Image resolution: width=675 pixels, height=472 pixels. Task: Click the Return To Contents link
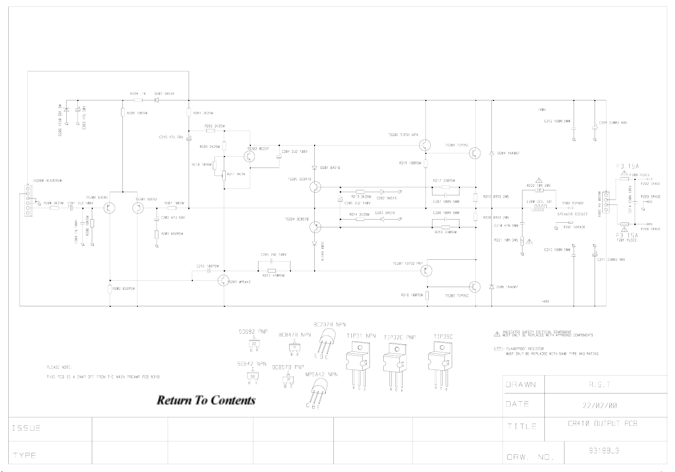coord(206,400)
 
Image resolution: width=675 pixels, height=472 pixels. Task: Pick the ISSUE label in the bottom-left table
coord(26,428)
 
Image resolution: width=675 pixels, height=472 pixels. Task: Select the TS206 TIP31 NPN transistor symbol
coord(425,145)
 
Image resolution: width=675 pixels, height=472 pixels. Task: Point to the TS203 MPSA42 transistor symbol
coord(224,280)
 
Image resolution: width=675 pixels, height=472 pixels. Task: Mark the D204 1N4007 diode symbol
coord(491,153)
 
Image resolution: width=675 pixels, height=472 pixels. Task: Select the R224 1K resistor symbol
coord(137,100)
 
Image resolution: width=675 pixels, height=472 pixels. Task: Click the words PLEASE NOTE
coord(59,367)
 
